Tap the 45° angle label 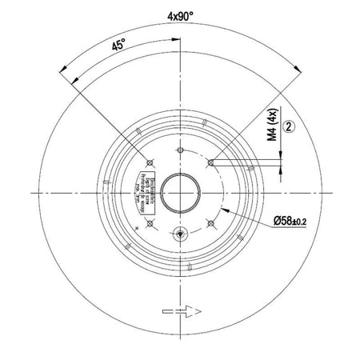[x=118, y=46]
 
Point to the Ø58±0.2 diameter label [x=271, y=218]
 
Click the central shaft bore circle [x=180, y=192]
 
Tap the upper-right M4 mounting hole [x=210, y=162]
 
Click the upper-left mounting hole [x=150, y=162]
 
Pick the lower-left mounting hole [x=150, y=222]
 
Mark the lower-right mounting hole [x=210, y=222]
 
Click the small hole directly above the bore [x=180, y=150]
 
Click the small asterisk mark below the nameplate [x=139, y=227]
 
